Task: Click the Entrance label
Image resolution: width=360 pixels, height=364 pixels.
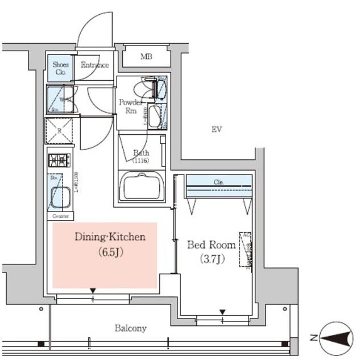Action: [94, 65]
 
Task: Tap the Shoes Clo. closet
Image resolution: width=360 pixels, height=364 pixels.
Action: [60, 68]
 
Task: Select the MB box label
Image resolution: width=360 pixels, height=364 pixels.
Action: [146, 56]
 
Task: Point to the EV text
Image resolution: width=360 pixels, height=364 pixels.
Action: [216, 130]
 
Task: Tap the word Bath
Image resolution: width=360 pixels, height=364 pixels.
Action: [140, 152]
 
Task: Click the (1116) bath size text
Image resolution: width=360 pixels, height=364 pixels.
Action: [140, 161]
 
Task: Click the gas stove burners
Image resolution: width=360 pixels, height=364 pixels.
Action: [59, 160]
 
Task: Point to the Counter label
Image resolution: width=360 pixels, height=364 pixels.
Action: [60, 217]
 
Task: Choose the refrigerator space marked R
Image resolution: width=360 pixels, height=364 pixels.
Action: [59, 130]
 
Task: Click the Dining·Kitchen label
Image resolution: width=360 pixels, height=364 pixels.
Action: [110, 237]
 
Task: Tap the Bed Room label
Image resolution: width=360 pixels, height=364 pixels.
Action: [212, 245]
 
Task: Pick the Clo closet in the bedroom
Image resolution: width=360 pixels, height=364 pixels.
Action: [219, 183]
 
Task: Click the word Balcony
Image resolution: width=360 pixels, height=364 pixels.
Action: [131, 328]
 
